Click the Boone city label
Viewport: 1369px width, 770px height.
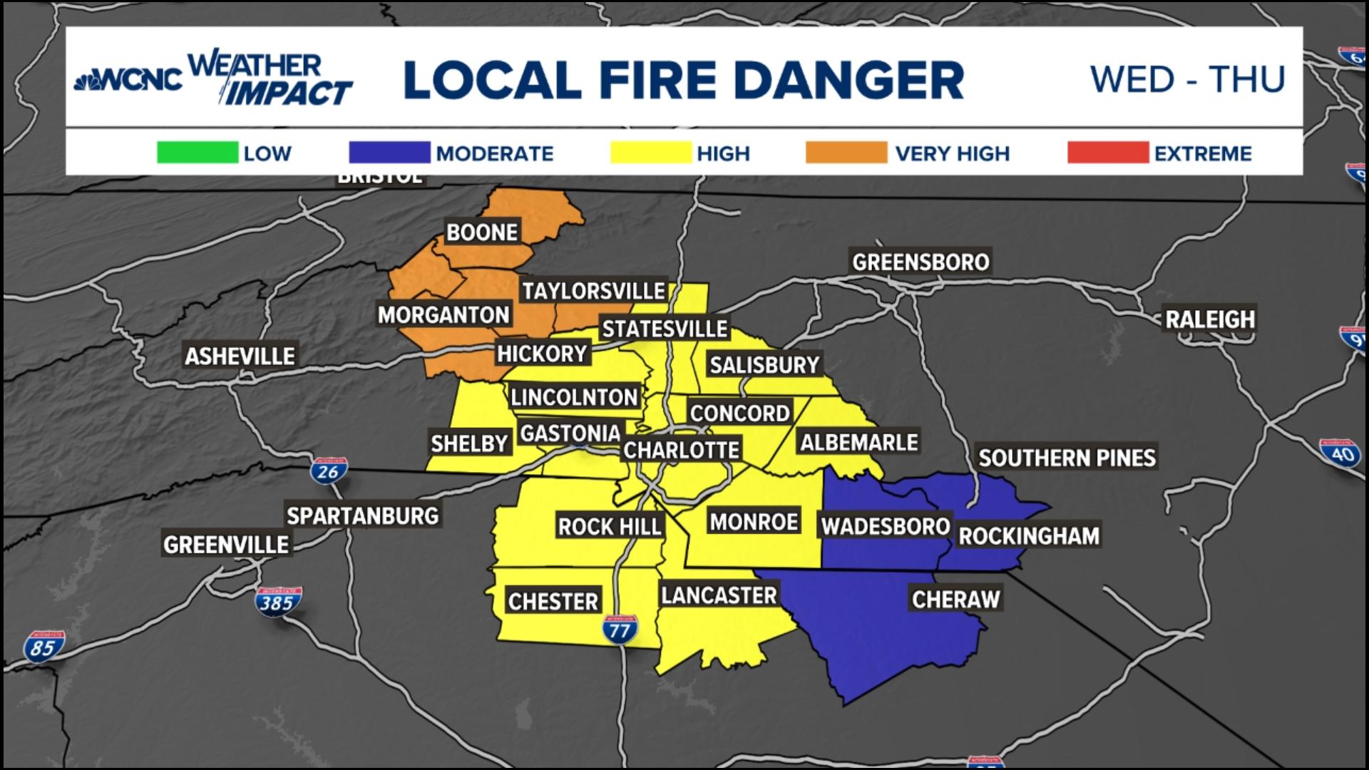coord(482,232)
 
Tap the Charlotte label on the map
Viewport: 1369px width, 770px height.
coord(681,450)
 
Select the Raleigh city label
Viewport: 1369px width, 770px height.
coord(1210,319)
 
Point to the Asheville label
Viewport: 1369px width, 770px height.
coord(240,356)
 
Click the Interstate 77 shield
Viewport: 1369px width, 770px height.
coord(619,630)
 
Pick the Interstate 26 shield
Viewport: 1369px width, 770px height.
coord(329,471)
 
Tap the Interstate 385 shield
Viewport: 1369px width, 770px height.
coord(277,602)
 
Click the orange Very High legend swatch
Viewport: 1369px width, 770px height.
coord(846,153)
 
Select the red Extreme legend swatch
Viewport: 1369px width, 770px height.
coord(1107,153)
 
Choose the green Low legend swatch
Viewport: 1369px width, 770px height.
coord(198,153)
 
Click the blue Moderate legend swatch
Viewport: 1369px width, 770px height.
coord(389,153)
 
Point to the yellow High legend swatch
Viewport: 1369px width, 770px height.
coord(651,153)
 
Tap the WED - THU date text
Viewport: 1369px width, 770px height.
coord(1187,79)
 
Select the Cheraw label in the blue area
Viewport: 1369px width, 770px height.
coord(955,599)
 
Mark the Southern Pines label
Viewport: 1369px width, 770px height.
coord(1067,458)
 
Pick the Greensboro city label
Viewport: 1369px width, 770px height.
coord(921,262)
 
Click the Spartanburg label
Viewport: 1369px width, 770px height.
coord(362,515)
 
